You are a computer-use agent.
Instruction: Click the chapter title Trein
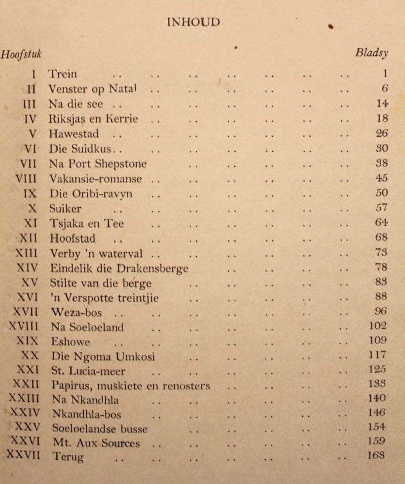pyautogui.click(x=63, y=74)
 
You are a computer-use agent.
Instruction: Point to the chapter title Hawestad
pyautogui.click(x=74, y=134)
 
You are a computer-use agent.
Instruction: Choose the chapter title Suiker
pyautogui.click(x=65, y=208)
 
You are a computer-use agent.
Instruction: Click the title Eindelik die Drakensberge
pyautogui.click(x=119, y=268)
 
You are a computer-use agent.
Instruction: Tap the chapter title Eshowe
pyautogui.click(x=71, y=342)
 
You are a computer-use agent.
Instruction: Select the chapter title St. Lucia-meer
pyautogui.click(x=88, y=372)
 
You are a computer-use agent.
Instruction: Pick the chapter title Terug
pyautogui.click(x=67, y=457)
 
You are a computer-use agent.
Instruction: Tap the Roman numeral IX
pyautogui.click(x=30, y=193)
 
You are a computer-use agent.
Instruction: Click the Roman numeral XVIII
pyautogui.click(x=24, y=327)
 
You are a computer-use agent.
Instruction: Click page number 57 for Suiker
pyautogui.click(x=382, y=207)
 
